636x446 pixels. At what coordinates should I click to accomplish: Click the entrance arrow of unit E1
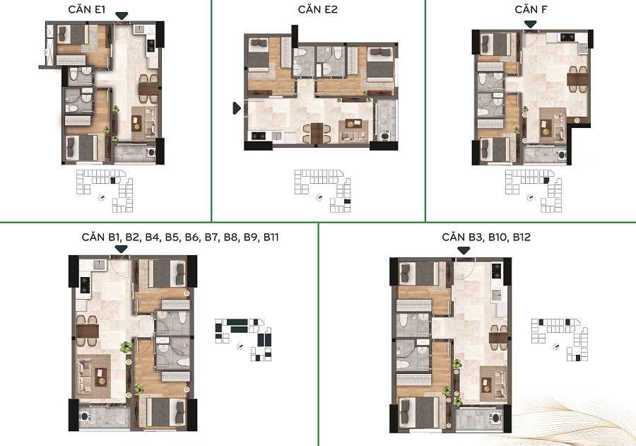[x=123, y=16]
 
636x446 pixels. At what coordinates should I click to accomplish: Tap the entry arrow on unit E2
[x=237, y=108]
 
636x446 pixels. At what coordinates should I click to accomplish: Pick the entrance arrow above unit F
[x=530, y=25]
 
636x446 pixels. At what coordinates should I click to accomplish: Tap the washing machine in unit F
[x=561, y=154]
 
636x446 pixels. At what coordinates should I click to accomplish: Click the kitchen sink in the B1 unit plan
[x=99, y=265]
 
